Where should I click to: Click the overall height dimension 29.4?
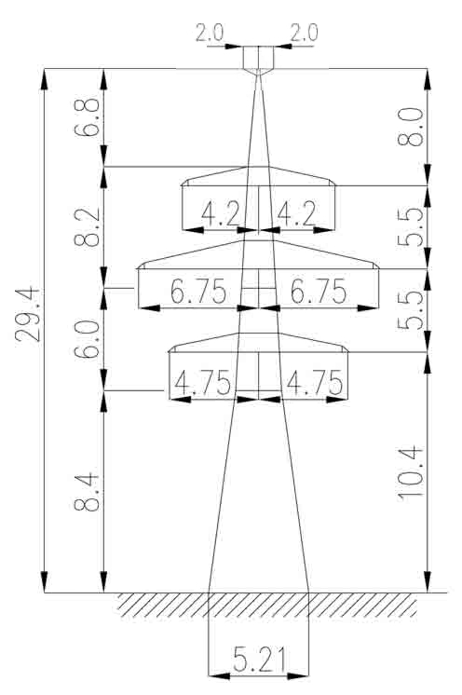click(28, 315)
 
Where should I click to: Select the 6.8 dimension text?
click(87, 117)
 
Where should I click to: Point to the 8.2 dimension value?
click(87, 227)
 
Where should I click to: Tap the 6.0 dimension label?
click(87, 339)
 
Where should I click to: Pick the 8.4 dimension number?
click(87, 493)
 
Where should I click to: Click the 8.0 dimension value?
click(410, 128)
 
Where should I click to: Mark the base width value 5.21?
click(259, 659)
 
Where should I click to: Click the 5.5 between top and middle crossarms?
click(410, 227)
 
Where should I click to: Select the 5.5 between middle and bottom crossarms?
click(410, 311)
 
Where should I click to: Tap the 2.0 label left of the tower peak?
click(210, 33)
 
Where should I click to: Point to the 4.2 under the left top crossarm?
click(220, 213)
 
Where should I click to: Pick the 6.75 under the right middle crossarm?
click(319, 292)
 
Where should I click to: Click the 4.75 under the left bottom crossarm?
click(202, 383)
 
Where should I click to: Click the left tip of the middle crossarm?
click(138, 267)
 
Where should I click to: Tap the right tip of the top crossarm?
click(335, 184)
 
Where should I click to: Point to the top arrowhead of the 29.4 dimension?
click(45, 79)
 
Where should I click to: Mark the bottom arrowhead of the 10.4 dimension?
click(428, 581)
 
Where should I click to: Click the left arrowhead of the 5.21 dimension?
click(219, 676)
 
